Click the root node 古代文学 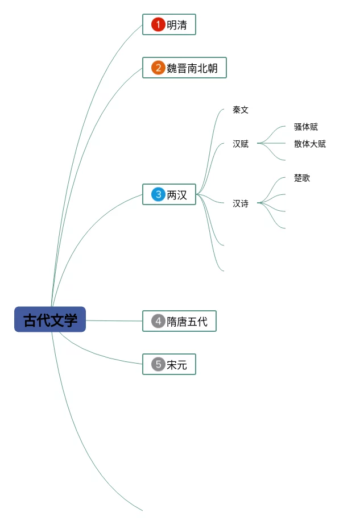[50, 319]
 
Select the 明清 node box [169, 24]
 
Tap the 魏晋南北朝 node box [184, 68]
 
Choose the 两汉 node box [169, 194]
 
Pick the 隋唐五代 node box [179, 321]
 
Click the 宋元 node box [169, 364]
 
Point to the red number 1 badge [158, 24]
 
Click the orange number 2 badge [158, 68]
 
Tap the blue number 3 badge [158, 194]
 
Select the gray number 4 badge [158, 321]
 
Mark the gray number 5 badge [158, 364]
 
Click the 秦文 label [241, 110]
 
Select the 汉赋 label [241, 144]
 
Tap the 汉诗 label [241, 203]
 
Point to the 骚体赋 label [306, 127]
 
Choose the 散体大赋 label [310, 144]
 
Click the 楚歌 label [302, 178]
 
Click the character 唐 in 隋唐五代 [182, 322]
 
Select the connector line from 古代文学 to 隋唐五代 [114, 320]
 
